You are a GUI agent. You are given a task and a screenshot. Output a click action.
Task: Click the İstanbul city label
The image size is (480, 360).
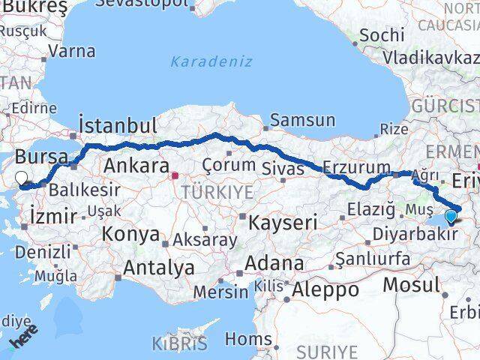118,124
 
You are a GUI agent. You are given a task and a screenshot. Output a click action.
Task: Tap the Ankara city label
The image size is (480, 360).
136,166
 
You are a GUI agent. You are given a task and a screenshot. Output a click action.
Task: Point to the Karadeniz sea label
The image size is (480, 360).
211,61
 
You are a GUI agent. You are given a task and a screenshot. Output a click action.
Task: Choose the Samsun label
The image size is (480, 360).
302,120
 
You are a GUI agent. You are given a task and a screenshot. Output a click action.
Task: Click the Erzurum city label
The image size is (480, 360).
356,168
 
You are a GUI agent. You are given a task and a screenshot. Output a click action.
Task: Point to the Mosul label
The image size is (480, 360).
411,285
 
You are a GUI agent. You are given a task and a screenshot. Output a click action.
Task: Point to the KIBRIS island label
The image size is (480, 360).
179,344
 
